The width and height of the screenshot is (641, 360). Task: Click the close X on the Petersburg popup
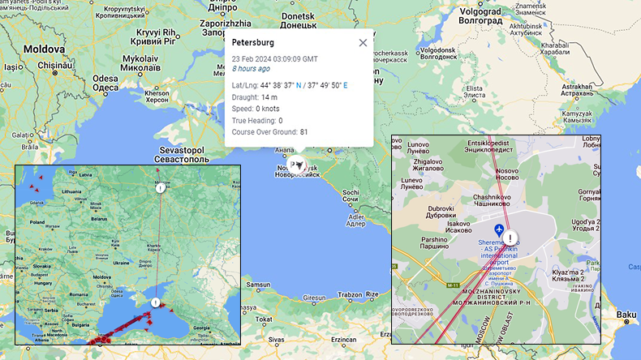coord(363,42)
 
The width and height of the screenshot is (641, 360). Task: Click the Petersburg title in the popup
coord(252,42)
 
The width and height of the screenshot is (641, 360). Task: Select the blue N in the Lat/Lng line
coord(298,84)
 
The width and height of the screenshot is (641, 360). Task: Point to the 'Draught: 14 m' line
coord(255,96)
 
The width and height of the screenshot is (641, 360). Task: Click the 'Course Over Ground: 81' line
coord(270,132)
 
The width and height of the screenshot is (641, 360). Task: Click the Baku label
coord(625,314)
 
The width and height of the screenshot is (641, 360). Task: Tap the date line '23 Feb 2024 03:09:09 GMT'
coord(274,59)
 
